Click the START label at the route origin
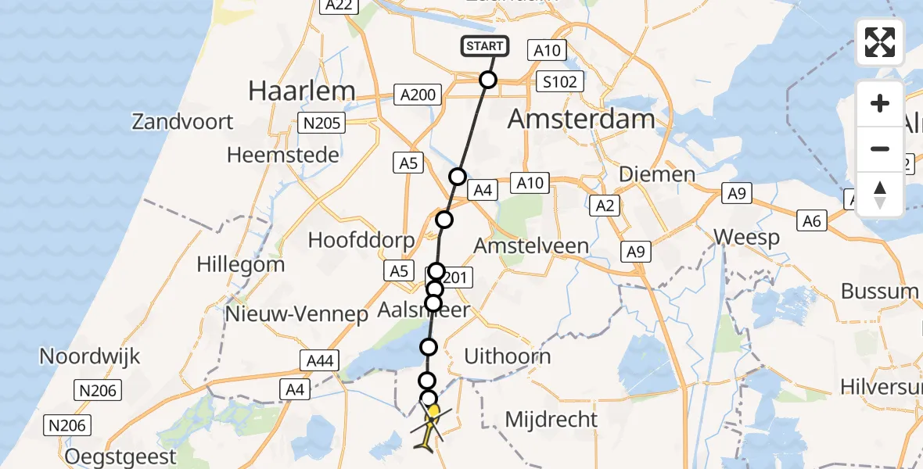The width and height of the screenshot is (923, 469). coord(485,46)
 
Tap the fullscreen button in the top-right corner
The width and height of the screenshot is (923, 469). coord(880,42)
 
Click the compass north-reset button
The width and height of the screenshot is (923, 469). coord(880,195)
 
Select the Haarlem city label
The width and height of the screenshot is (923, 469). coord(302,91)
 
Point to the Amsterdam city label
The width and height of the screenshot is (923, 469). coord(581,119)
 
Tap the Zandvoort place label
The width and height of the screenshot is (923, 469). coord(183,122)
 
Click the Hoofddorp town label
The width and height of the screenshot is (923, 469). coord(361,239)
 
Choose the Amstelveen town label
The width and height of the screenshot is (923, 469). coord(532,245)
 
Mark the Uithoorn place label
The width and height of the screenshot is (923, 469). coord(508,356)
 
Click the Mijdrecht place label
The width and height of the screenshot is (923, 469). coord(551,419)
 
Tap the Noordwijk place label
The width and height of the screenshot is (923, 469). coord(90,356)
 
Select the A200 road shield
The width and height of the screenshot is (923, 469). coord(418,95)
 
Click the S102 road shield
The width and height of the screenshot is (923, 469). coord(562,81)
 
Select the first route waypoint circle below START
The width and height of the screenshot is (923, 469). coord(488,80)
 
